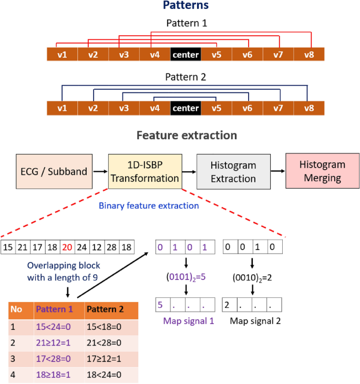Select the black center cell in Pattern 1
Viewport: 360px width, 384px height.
[x=186, y=54]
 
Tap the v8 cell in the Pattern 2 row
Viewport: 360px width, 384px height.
[x=308, y=108]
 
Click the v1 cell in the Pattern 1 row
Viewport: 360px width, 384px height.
[x=62, y=54]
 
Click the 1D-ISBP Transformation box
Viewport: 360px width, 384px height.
[x=145, y=171]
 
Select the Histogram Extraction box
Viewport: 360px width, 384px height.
[x=233, y=171]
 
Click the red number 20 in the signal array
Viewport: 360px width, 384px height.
[x=67, y=247]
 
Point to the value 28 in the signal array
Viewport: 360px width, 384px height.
[x=111, y=247]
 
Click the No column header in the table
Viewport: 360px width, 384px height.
[x=16, y=309]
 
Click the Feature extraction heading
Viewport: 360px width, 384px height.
[x=187, y=135]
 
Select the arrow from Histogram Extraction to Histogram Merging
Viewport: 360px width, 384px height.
[x=277, y=171]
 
